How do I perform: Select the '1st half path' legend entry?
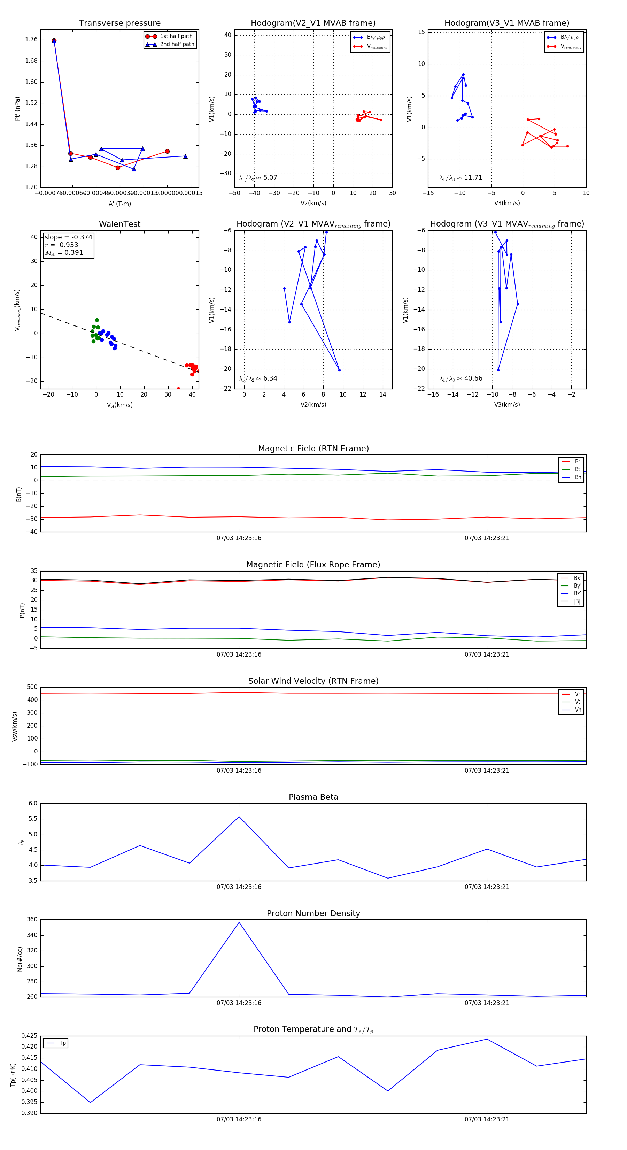point(176,36)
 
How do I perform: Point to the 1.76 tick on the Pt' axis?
point(31,40)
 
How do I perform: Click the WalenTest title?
point(119,224)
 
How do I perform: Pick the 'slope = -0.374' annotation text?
point(68,237)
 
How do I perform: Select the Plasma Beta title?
point(313,797)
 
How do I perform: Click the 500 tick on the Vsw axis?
point(32,687)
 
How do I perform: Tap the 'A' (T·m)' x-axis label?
point(119,204)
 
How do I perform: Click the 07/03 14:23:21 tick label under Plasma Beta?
point(487,887)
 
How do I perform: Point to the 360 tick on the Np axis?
point(32,920)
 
